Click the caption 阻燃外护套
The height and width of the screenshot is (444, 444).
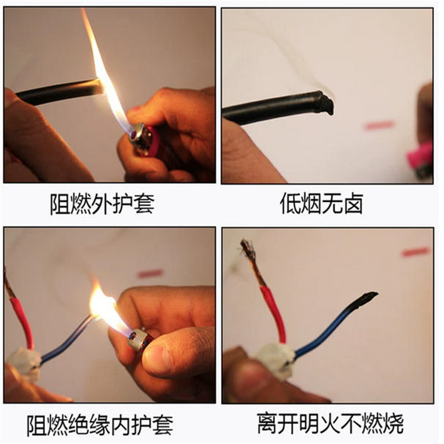102,204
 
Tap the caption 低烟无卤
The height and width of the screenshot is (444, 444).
321,204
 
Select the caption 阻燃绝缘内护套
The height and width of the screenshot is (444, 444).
100,425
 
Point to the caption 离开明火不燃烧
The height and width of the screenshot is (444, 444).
330,423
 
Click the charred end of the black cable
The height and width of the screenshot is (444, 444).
326,103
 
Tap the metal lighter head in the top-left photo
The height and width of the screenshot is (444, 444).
138,137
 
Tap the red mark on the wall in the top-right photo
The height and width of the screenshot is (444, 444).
379,125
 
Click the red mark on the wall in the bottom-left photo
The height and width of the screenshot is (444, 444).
150,274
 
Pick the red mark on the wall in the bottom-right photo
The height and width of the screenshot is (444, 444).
416,252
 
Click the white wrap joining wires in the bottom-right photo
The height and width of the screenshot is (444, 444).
275,358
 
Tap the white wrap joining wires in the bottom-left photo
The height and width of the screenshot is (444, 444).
24,364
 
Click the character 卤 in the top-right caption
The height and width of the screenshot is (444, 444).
353,204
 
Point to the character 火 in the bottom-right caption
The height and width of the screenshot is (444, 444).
330,423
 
